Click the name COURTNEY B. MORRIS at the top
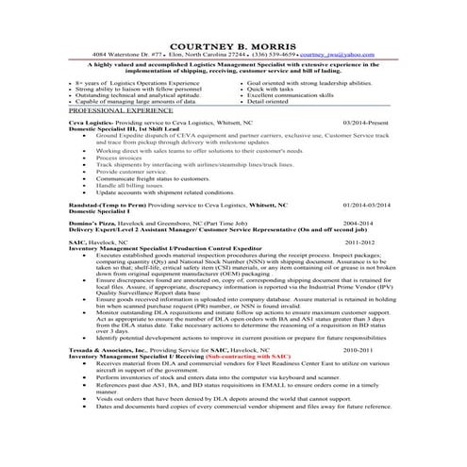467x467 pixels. point(232,46)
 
